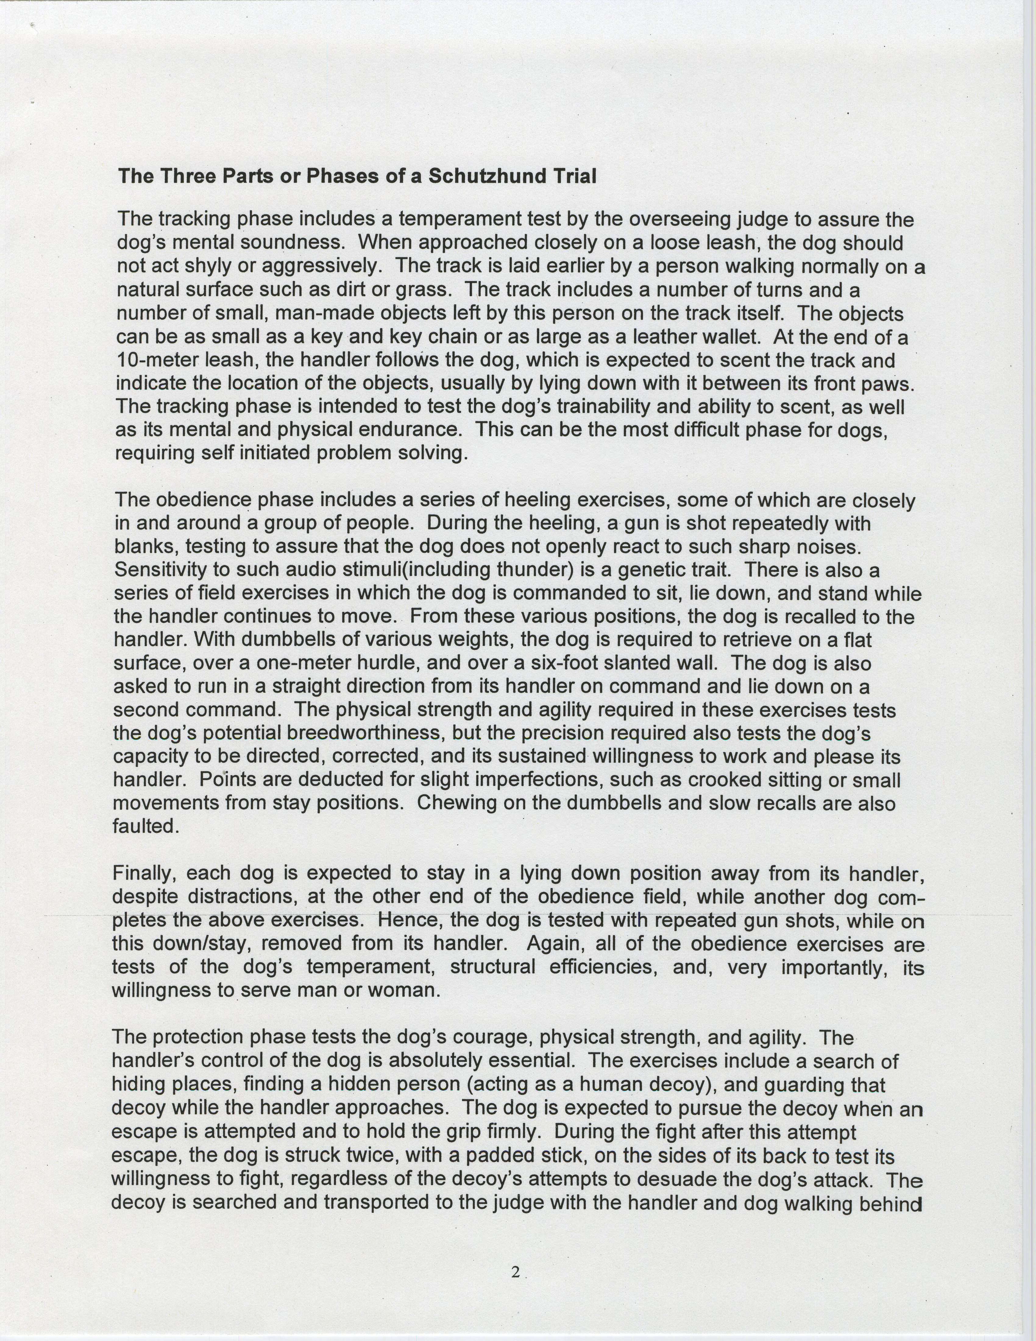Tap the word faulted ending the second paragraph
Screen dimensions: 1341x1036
(146, 826)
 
